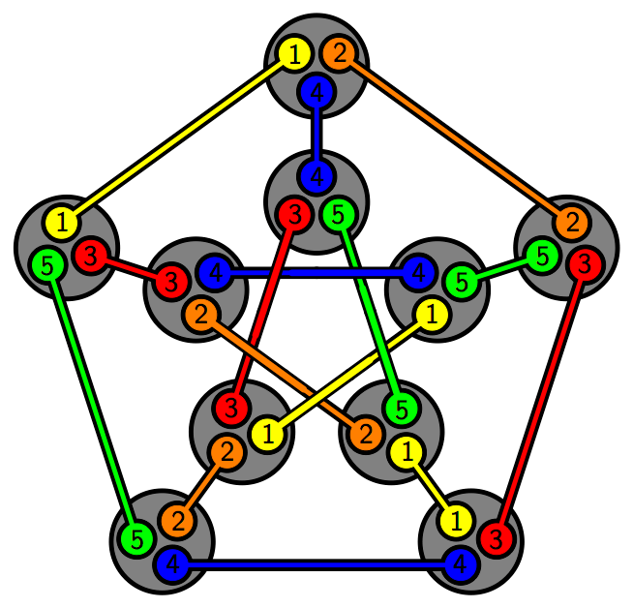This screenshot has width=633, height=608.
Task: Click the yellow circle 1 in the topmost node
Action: click(x=293, y=55)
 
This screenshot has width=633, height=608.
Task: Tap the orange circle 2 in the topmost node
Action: click(x=338, y=54)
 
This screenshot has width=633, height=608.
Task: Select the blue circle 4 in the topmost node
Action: click(x=316, y=93)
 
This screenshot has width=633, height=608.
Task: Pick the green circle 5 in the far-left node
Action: click(x=46, y=261)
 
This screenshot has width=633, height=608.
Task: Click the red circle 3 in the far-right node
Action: click(x=584, y=262)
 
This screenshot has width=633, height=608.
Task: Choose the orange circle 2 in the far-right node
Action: click(x=572, y=224)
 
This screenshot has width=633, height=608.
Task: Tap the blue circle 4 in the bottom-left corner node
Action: click(x=171, y=563)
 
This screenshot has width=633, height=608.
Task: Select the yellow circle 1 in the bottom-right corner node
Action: click(x=455, y=521)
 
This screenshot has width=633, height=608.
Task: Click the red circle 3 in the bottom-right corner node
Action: click(x=495, y=538)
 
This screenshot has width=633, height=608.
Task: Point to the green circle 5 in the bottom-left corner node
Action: click(x=137, y=538)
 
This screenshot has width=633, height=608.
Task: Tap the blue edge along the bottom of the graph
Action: click(x=316, y=563)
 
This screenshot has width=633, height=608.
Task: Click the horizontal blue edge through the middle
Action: click(x=316, y=273)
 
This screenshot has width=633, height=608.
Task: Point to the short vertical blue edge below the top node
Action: click(x=316, y=136)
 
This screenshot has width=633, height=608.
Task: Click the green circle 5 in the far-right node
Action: click(x=542, y=257)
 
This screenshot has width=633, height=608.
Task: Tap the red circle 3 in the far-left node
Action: click(x=90, y=257)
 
